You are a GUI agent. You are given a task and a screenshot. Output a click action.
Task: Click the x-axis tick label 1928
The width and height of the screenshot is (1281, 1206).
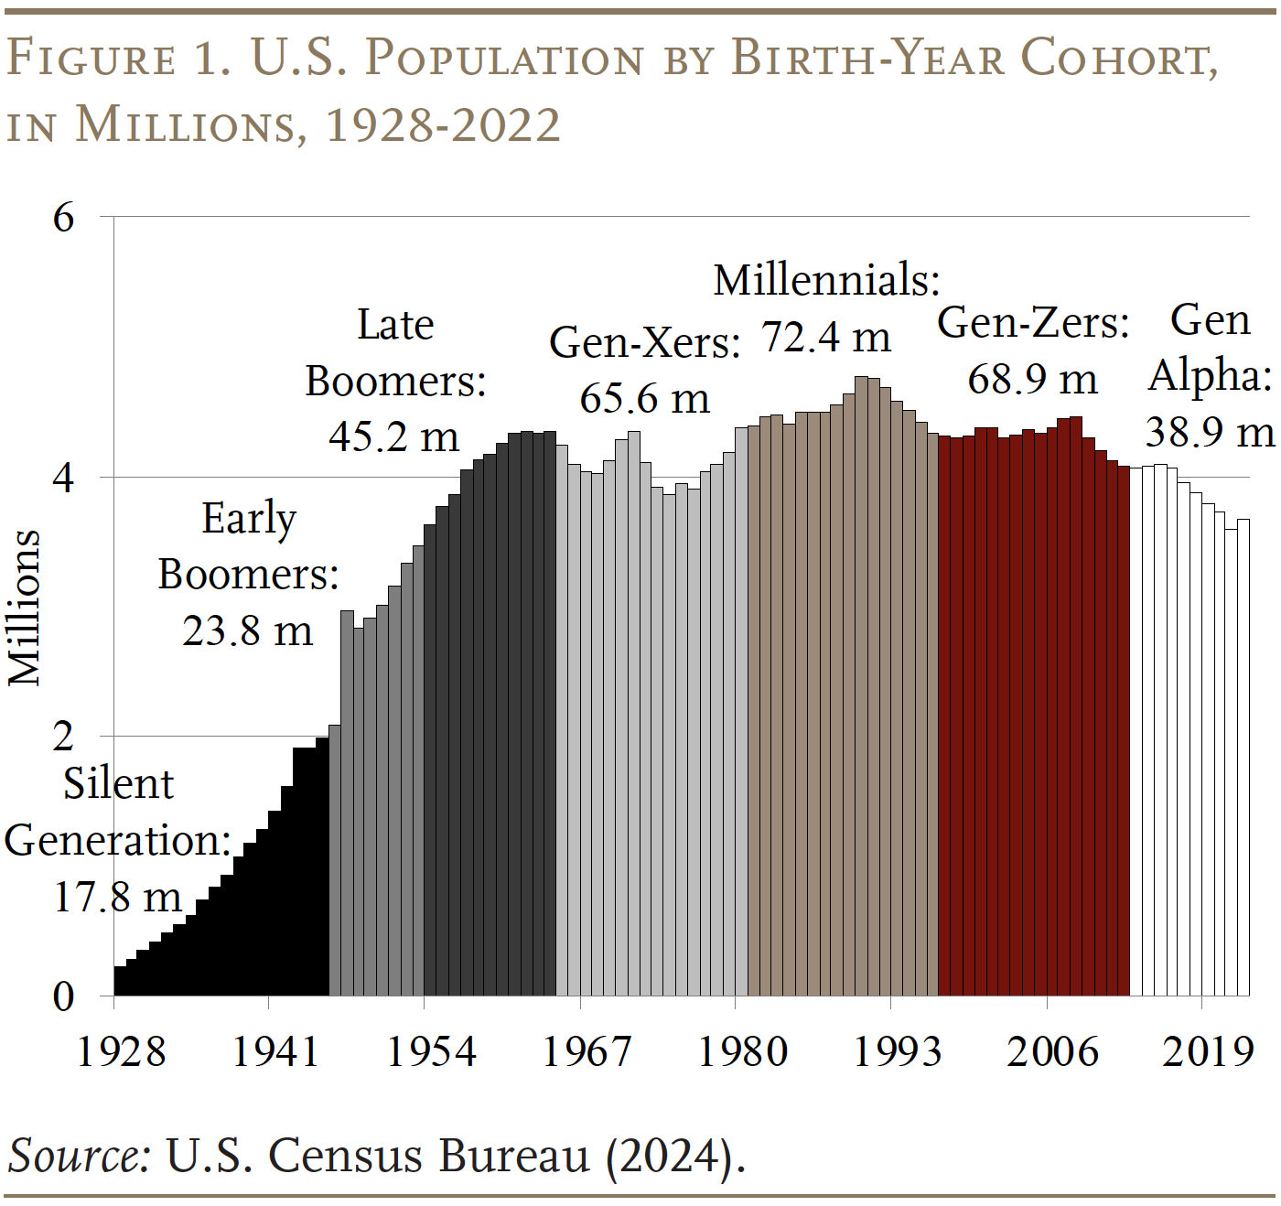pos(122,1051)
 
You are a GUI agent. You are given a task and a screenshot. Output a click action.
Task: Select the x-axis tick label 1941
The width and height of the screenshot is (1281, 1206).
pos(275,1051)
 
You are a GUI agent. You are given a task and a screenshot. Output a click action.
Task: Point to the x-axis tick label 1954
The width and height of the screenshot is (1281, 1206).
pos(431,1051)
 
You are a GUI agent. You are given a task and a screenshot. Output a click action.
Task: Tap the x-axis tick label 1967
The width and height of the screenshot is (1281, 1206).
pos(587,1051)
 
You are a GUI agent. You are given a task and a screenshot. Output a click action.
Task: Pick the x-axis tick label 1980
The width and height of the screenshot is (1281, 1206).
pos(742,1051)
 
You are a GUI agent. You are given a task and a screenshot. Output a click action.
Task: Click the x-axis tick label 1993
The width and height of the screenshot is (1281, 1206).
pos(897,1051)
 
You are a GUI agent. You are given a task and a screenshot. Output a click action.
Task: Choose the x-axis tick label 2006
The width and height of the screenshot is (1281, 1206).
pos(1052,1051)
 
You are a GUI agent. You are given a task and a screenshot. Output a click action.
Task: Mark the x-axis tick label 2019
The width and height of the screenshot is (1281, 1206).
pos(1208,1051)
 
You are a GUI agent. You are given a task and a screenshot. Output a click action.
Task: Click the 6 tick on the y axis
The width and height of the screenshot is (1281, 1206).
pos(63,219)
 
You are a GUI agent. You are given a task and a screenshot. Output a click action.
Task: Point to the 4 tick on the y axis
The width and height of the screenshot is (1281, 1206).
pos(63,479)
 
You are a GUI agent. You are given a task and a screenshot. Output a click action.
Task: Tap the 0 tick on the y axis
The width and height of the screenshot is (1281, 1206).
pos(63,996)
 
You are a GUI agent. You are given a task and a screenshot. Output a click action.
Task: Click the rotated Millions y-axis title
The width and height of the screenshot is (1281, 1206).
pos(25,608)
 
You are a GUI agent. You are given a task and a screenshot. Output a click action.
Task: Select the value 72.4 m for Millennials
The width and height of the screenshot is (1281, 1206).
pos(825,338)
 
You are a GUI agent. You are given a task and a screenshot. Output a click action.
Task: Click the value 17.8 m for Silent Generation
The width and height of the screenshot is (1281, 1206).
pos(118,897)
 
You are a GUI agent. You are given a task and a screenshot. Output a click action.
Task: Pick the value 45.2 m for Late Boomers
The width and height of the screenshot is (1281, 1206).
pos(393,436)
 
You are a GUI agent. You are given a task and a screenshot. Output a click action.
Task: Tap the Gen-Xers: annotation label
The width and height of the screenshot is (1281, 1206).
pos(644,343)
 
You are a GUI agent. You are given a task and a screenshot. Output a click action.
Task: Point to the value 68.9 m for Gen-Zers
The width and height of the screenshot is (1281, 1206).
pos(1032,379)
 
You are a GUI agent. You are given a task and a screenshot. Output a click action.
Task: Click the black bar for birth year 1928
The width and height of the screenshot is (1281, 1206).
pos(120,981)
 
